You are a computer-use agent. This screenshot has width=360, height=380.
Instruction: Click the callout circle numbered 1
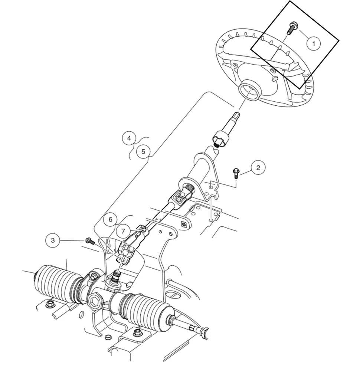314,44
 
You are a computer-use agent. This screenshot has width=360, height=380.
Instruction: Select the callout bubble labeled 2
258,167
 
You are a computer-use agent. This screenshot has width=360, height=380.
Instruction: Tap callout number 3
53,240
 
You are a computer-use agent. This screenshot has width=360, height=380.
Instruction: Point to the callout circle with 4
129,138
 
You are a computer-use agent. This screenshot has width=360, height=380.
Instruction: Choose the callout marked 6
110,219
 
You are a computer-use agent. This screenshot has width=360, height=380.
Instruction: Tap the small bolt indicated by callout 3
89,241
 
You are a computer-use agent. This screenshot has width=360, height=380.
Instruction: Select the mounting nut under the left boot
49,305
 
